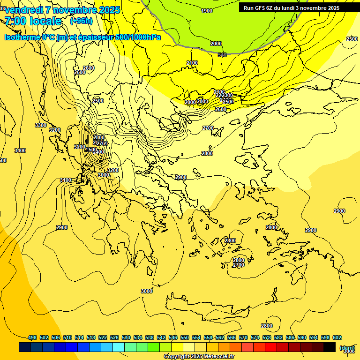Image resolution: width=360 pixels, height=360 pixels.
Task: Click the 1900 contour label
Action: [206, 11]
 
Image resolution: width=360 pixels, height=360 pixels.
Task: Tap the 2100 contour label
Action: [192, 63]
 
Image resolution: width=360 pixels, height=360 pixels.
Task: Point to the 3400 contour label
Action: [20, 150]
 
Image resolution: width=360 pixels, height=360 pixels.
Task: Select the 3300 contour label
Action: [41, 125]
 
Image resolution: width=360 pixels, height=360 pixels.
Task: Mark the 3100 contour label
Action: [66, 180]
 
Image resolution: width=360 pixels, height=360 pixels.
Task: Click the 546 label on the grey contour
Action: [222, 55]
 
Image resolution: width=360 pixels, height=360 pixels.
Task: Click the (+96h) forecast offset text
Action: [81, 21]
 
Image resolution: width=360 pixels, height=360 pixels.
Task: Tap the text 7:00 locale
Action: [33, 21]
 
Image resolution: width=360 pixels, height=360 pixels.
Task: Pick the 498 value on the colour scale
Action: [32, 337]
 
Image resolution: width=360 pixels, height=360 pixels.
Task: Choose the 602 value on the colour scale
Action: [337, 337]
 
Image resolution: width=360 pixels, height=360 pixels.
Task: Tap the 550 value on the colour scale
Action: [185, 337]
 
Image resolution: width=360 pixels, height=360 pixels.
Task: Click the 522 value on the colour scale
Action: [103, 337]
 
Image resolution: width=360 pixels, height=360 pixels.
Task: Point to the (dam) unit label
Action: [347, 347]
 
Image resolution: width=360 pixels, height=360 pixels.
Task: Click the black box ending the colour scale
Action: [330, 347]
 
